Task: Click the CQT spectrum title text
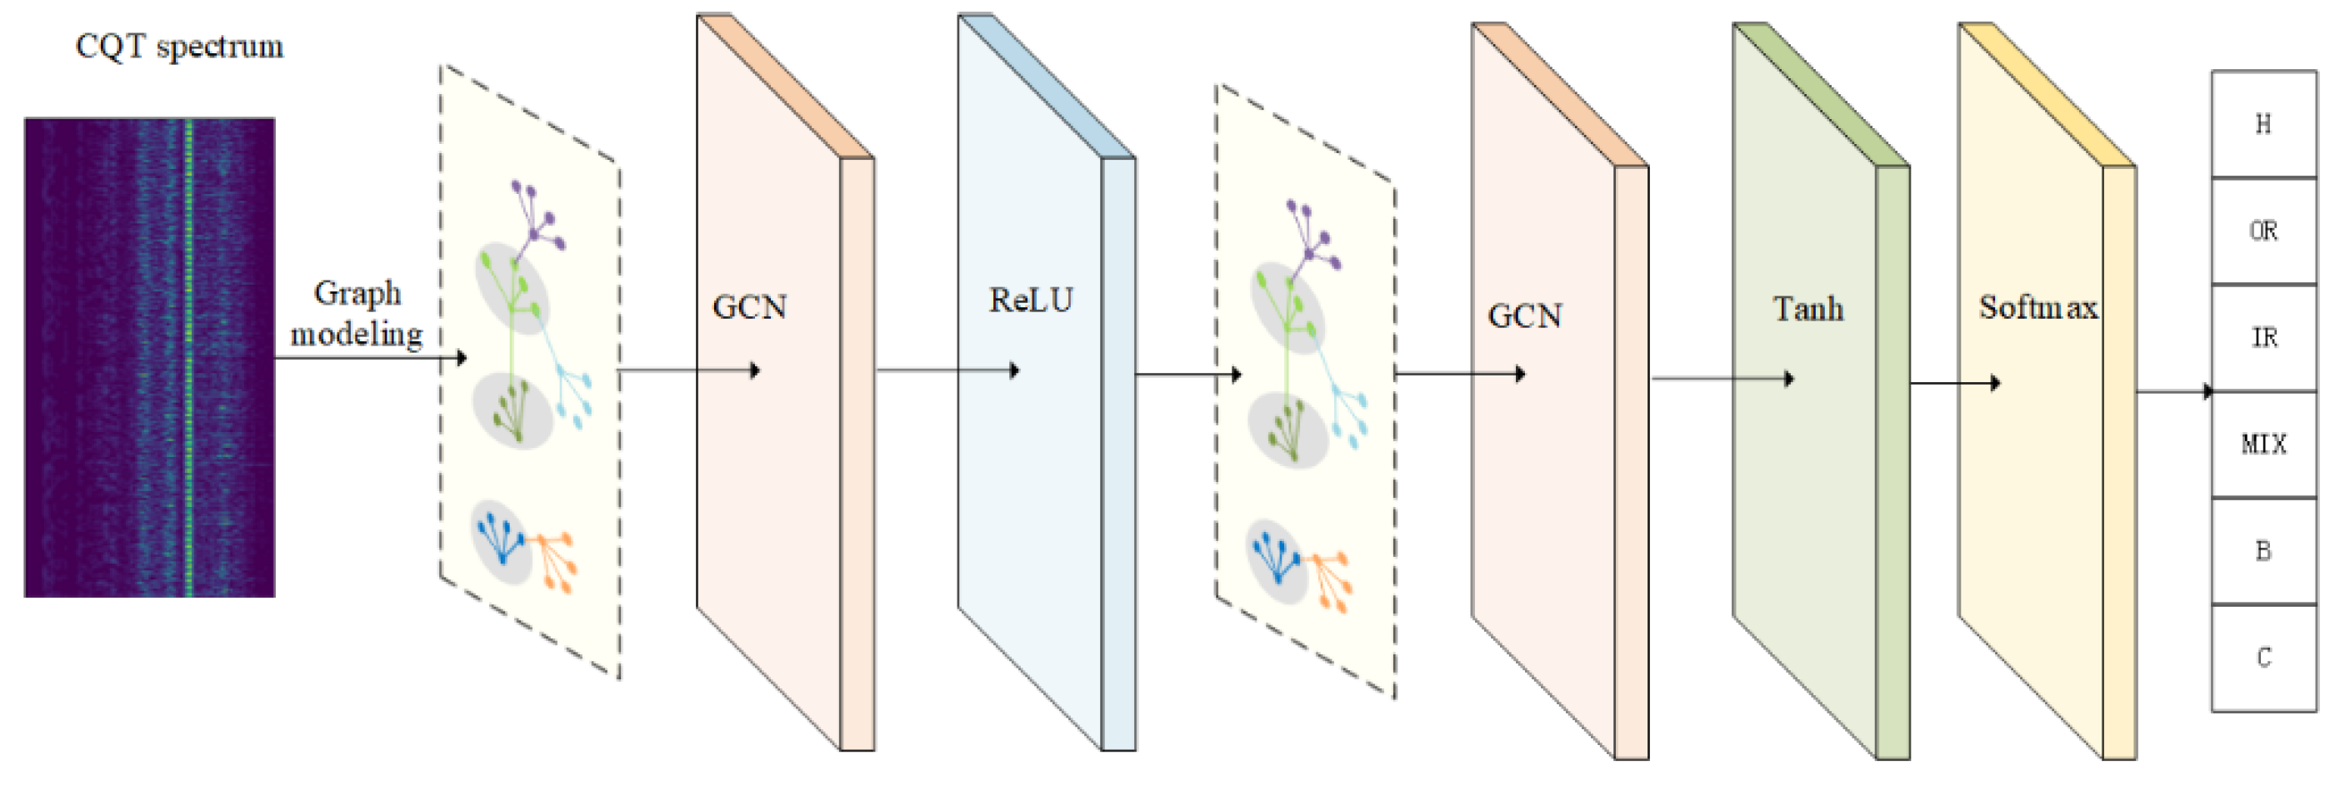click(179, 46)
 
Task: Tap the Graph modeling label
click(357, 314)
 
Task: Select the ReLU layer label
click(1031, 300)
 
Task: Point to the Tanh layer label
click(1808, 309)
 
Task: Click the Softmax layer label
click(2038, 307)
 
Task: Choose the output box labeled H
click(2263, 124)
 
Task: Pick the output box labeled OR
click(2263, 231)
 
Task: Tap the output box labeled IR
click(2263, 337)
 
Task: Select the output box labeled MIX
click(2263, 444)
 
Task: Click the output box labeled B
click(2263, 551)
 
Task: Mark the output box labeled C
click(2263, 658)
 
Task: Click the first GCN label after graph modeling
click(750, 307)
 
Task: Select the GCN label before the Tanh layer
click(1525, 316)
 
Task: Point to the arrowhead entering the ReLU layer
click(1014, 370)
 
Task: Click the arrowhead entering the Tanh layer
click(1790, 379)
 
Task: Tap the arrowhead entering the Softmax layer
click(1996, 383)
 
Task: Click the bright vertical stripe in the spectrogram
click(189, 355)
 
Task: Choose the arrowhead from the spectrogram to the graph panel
click(462, 357)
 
